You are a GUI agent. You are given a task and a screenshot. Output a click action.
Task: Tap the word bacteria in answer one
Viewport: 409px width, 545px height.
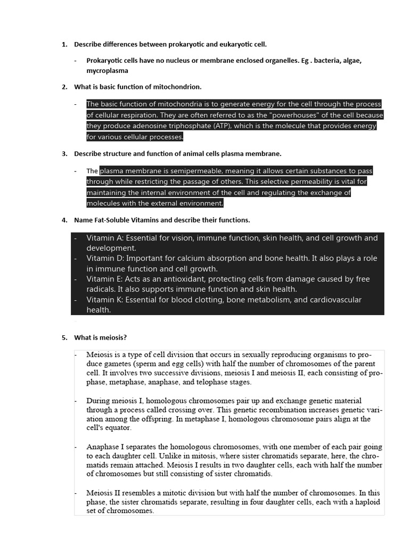[x=328, y=60]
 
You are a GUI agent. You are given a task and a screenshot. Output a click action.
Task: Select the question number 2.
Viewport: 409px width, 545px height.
[x=64, y=86]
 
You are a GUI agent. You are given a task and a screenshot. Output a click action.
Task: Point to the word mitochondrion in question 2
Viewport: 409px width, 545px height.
[x=177, y=86]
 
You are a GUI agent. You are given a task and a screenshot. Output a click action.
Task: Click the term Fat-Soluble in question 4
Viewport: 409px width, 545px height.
[x=116, y=220]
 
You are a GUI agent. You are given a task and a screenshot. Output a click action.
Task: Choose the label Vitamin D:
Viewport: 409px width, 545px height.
[x=105, y=258]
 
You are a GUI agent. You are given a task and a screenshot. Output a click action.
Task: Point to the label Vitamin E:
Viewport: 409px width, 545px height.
[x=105, y=279]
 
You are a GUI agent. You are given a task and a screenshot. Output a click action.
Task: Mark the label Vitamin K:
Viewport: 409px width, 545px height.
[x=105, y=300]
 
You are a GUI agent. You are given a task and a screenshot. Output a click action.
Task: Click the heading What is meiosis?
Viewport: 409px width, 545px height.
[x=100, y=337]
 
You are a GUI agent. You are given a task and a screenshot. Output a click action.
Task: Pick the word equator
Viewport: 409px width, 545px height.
[x=116, y=427]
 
